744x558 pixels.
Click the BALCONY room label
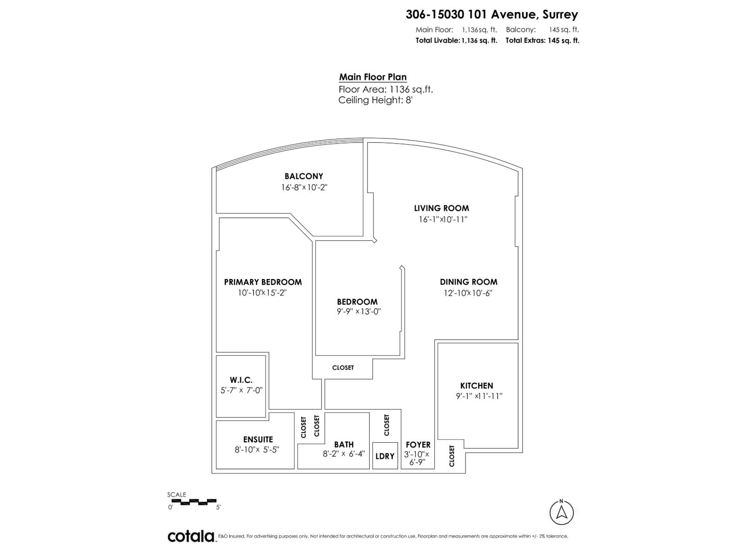pyautogui.click(x=304, y=176)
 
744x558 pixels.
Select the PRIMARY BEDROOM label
pyautogui.click(x=263, y=282)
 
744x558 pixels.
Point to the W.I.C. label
pyautogui.click(x=241, y=380)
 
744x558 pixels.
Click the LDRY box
pyautogui.click(x=385, y=456)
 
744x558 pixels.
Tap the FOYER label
pyautogui.click(x=418, y=445)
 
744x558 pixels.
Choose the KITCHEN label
pyautogui.click(x=477, y=385)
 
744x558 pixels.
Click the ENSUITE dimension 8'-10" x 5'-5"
pyautogui.click(x=257, y=450)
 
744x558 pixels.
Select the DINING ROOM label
pyautogui.click(x=469, y=282)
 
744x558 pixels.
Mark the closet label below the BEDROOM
pyautogui.click(x=343, y=368)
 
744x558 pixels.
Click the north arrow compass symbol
pyautogui.click(x=561, y=512)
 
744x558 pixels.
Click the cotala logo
pyautogui.click(x=191, y=536)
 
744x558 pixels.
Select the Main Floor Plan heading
pyautogui.click(x=372, y=77)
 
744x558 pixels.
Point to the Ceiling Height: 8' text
pyautogui.click(x=375, y=100)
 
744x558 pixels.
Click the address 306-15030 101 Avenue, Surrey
pyautogui.click(x=492, y=14)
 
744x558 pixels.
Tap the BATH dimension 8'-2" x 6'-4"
pyautogui.click(x=344, y=454)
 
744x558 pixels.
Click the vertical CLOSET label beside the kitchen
pyautogui.click(x=452, y=456)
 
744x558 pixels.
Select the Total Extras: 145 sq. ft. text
pyautogui.click(x=542, y=40)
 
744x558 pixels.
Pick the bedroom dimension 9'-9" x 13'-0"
pyautogui.click(x=359, y=312)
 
